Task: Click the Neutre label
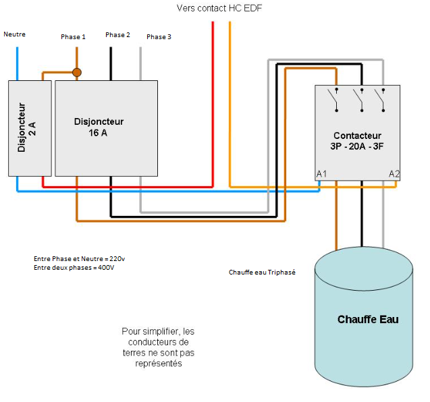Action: [14, 34]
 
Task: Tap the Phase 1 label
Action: [73, 36]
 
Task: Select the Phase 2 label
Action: [117, 34]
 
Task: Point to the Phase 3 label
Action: [159, 36]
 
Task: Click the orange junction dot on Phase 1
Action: [77, 72]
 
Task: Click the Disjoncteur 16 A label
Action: [99, 127]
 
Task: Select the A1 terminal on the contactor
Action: [322, 174]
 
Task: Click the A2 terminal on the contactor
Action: [395, 174]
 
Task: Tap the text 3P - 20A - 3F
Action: [357, 146]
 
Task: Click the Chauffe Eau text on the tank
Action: [368, 319]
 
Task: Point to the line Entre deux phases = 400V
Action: [74, 268]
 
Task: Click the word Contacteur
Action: [357, 136]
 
